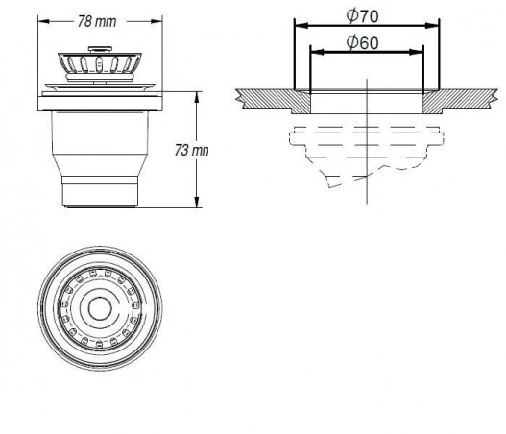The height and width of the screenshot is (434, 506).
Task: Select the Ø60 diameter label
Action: coord(365,42)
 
